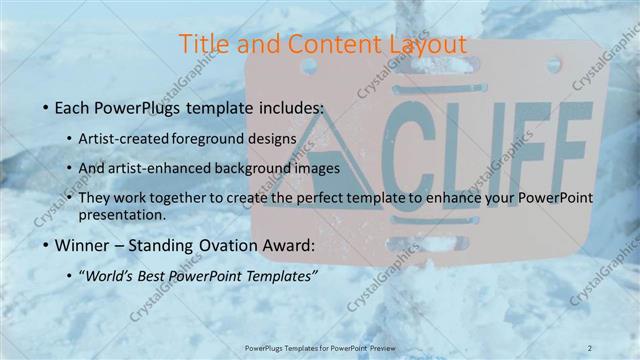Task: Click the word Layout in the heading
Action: tap(423, 44)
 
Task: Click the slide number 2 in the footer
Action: tap(590, 347)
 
